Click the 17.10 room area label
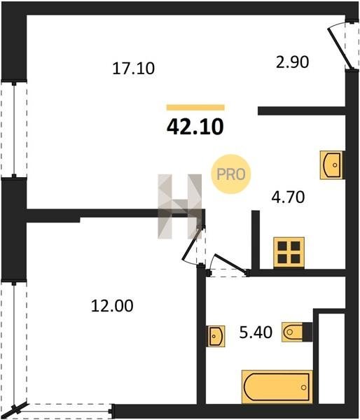134,69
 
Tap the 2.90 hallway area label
293,62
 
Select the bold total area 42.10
195,127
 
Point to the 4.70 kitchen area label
288,197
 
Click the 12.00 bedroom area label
112,306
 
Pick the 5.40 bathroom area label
256,332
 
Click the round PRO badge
231,174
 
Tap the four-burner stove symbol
289,253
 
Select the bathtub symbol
277,387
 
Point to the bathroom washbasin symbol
216,336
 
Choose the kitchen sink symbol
331,165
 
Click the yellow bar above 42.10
195,107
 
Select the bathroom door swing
228,265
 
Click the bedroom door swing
193,246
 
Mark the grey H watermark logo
179,206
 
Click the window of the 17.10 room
14,129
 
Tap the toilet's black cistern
307,332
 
